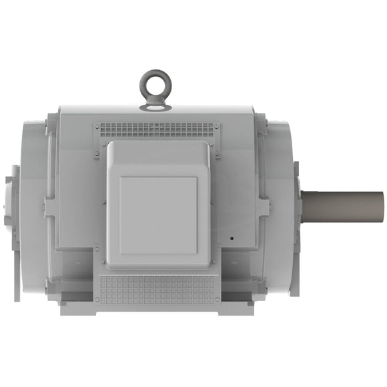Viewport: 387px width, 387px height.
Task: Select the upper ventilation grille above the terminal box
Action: coord(156,129)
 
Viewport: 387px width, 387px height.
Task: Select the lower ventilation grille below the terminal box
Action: coord(156,287)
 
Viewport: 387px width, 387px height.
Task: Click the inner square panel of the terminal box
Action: coord(158,215)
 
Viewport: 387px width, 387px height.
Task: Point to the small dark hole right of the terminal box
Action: coord(232,237)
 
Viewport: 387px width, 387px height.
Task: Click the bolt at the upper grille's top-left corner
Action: coord(97,125)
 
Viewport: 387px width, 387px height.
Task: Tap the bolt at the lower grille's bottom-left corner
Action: coord(97,301)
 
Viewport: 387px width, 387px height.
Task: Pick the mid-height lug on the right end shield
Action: coord(263,207)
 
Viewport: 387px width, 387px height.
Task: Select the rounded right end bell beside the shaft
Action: coord(280,200)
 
